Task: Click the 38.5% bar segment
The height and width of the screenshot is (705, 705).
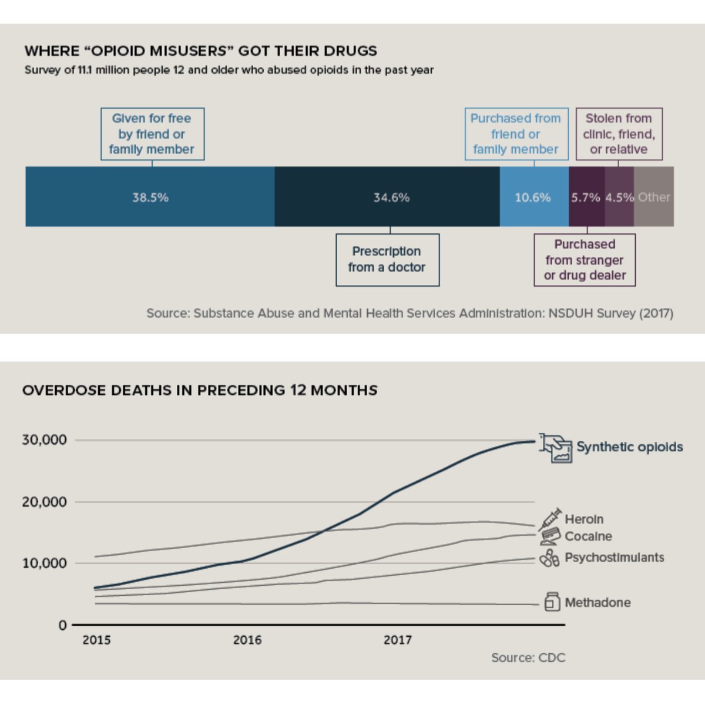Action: click(x=150, y=197)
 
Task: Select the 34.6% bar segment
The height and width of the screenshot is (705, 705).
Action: click(x=388, y=197)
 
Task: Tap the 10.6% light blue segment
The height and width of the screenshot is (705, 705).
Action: click(x=533, y=197)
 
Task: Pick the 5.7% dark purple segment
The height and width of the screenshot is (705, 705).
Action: click(x=586, y=197)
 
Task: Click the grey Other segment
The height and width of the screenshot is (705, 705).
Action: click(x=654, y=197)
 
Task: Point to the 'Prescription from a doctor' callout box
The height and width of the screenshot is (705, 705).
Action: click(x=387, y=260)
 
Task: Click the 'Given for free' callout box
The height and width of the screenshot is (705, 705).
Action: click(x=152, y=134)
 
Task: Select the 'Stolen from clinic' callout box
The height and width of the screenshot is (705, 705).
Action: click(x=619, y=134)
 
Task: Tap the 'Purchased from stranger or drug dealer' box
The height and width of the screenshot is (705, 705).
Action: click(x=585, y=260)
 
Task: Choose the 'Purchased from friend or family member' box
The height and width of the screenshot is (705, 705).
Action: click(x=516, y=134)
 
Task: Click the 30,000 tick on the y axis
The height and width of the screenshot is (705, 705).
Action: click(x=45, y=440)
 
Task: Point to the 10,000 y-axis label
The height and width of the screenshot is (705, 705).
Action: click(x=45, y=563)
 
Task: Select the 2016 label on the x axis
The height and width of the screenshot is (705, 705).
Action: click(x=247, y=640)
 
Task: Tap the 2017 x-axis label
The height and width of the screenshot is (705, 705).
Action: click(x=398, y=640)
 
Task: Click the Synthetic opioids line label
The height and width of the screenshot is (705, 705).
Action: click(x=629, y=447)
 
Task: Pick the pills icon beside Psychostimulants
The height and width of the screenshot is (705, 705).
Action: click(x=549, y=558)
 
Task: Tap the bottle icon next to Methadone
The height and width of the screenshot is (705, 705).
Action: click(x=552, y=602)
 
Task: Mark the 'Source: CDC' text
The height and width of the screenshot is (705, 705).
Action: click(x=528, y=658)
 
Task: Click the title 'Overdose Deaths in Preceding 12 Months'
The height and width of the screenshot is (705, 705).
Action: click(x=200, y=390)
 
